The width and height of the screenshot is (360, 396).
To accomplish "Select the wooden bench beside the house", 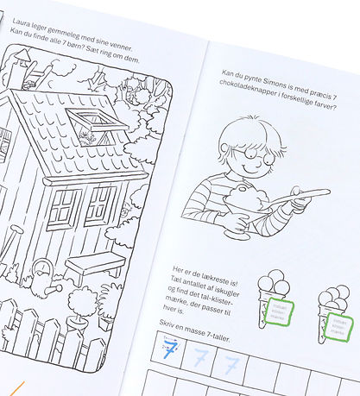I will (96, 264).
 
